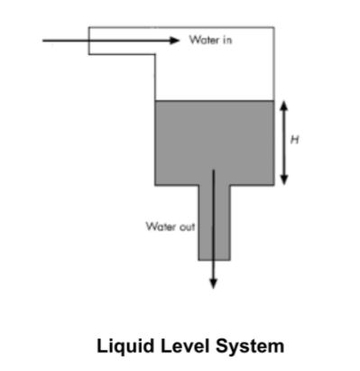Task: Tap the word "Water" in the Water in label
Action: [x=204, y=41]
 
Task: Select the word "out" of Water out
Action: [x=185, y=227]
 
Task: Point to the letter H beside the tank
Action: [x=294, y=139]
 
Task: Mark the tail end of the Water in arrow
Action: [x=44, y=41]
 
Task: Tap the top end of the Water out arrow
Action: [x=214, y=170]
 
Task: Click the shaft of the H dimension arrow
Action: [x=283, y=142]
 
